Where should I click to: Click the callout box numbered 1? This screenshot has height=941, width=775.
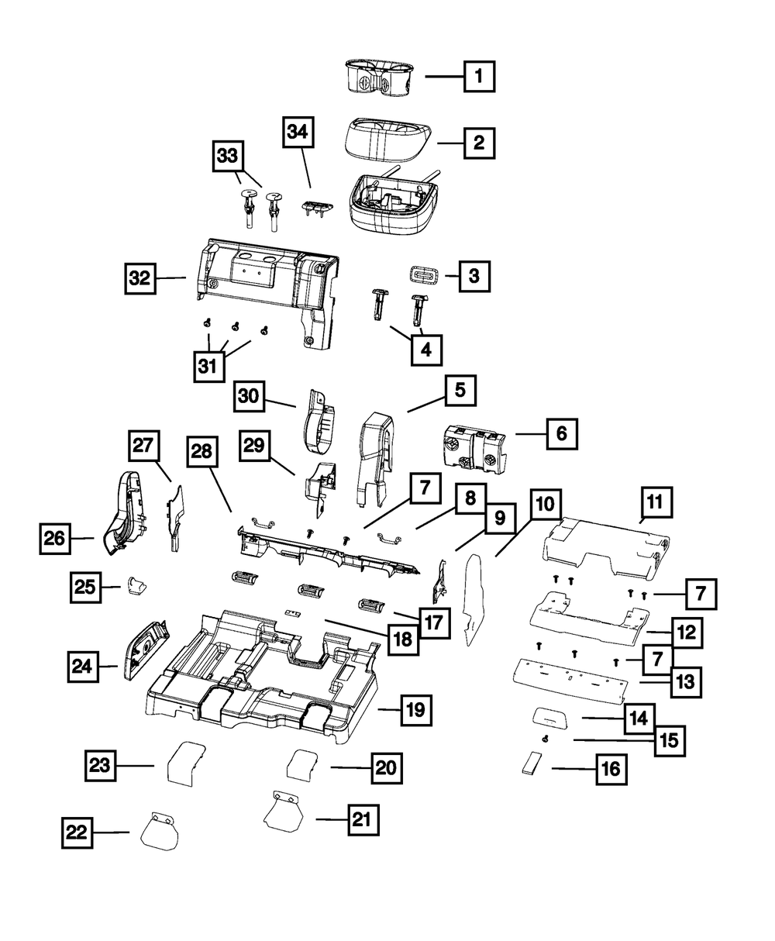pos(479,77)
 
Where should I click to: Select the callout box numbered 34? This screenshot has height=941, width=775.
pos(299,133)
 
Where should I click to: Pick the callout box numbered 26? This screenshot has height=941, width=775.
pos(56,538)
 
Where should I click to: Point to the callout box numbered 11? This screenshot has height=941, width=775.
pos(655,504)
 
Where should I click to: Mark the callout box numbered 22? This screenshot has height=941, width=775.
pos(77,833)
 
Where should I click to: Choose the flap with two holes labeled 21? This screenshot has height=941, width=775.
pos(286,808)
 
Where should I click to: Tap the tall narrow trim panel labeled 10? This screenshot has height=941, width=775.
pos(473,597)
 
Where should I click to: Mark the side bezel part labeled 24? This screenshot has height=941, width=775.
pos(143,650)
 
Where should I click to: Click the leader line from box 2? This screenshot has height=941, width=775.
pos(450,143)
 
